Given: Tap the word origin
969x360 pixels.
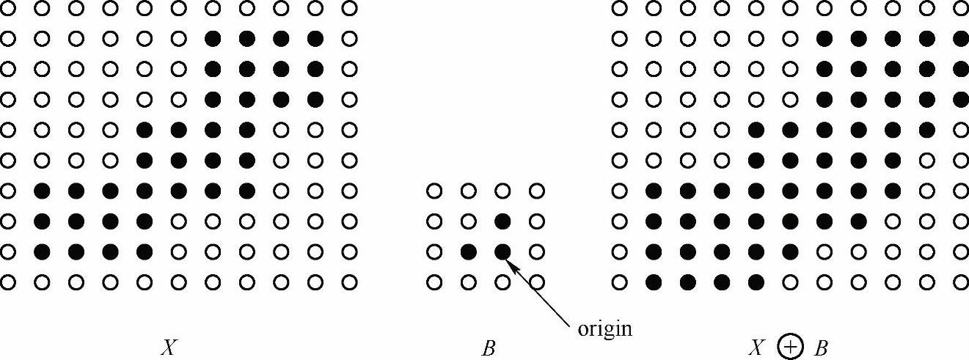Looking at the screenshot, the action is (604, 328).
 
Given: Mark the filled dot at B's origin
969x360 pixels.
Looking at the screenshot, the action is (502, 252).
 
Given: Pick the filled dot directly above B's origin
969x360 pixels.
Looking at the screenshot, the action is (502, 221).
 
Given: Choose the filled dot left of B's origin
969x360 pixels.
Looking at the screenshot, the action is (468, 252).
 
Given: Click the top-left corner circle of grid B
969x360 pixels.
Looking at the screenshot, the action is (434, 191).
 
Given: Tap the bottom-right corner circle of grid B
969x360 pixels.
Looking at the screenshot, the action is (537, 282).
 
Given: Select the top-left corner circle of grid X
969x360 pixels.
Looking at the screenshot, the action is (8, 8).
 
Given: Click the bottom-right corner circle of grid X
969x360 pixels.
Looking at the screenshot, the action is (350, 282).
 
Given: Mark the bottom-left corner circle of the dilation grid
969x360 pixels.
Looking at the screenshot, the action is (620, 282).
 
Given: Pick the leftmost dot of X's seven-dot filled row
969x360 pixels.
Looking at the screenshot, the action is (43, 191).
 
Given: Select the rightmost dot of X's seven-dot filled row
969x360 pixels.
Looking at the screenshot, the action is (247, 191).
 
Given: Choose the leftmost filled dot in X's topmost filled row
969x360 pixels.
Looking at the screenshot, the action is (213, 37).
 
